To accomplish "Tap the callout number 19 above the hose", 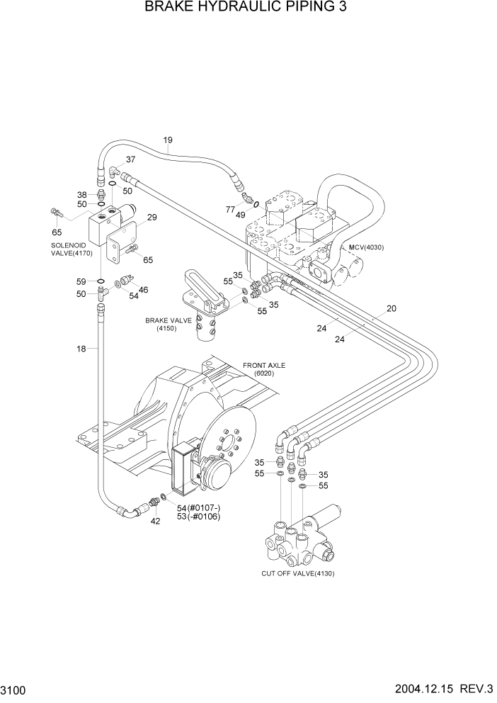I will [x=168, y=140].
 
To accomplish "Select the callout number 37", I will [x=130, y=159].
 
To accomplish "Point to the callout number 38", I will [x=82, y=195].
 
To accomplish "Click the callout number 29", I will [x=152, y=217].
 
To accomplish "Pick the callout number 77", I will [x=230, y=210].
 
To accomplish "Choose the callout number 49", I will [x=241, y=215].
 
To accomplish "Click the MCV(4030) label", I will [x=367, y=247].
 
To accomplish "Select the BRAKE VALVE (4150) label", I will [x=168, y=324].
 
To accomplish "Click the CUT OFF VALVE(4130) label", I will [x=297, y=573].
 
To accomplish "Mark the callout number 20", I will [x=392, y=308].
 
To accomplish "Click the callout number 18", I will [x=82, y=349].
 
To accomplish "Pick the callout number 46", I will [x=143, y=290].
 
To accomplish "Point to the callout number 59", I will [x=82, y=281].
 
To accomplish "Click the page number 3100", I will [x=15, y=690].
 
